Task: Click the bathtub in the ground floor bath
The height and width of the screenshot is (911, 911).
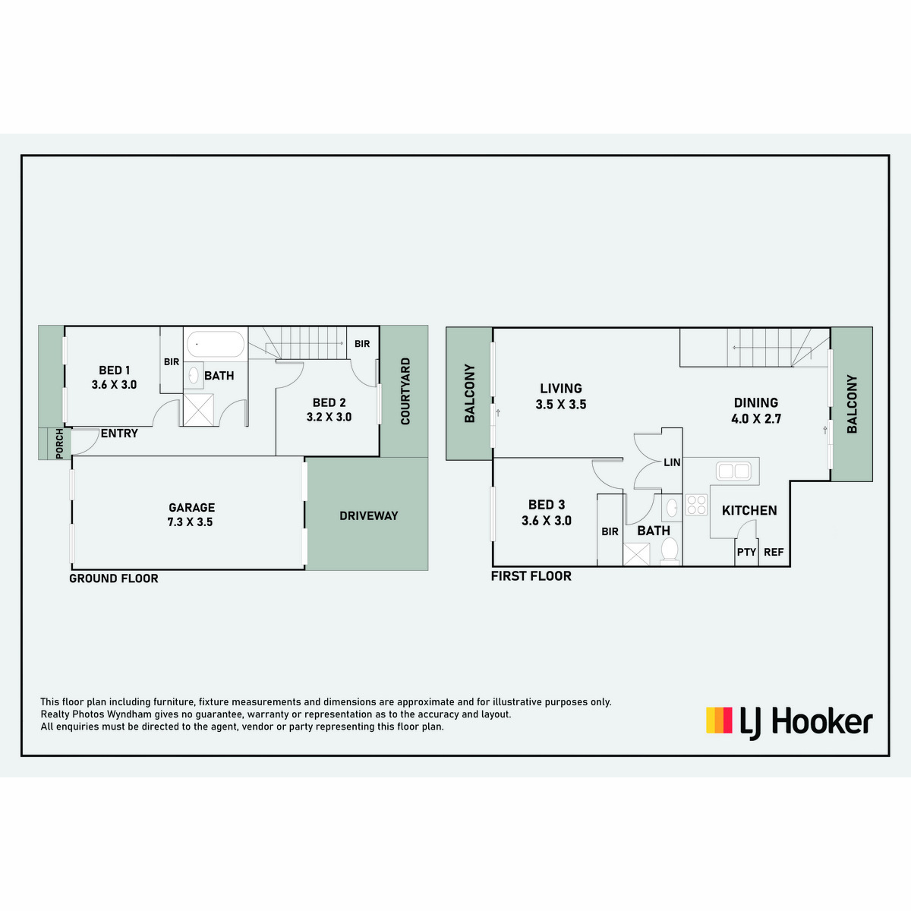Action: pos(216,344)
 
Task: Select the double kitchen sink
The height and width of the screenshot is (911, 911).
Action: pos(733,471)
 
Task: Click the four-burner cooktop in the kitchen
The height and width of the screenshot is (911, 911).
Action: pos(696,504)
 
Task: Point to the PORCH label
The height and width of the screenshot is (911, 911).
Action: pos(59,443)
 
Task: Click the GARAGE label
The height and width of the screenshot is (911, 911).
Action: pos(192,507)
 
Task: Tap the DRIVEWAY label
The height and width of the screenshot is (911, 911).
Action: pos(369,515)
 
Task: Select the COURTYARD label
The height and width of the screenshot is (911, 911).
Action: pos(405,392)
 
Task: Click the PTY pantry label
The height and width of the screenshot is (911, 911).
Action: pos(746,552)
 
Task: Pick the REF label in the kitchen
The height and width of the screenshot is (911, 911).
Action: pos(774,552)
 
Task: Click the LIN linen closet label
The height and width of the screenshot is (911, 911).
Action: pos(672,462)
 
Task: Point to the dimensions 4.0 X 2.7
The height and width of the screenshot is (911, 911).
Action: pos(756,419)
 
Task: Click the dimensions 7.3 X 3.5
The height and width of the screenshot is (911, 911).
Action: pos(190,522)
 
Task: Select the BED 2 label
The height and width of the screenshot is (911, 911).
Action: pos(329,403)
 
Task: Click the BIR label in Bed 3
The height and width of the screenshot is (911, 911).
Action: pos(610,532)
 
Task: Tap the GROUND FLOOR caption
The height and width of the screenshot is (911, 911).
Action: pos(113,578)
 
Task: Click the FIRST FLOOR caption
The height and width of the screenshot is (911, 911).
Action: pos(531,576)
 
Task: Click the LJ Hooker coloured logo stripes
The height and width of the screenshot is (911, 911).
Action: pos(719,720)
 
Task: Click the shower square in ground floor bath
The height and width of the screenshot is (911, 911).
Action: pos(199,409)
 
